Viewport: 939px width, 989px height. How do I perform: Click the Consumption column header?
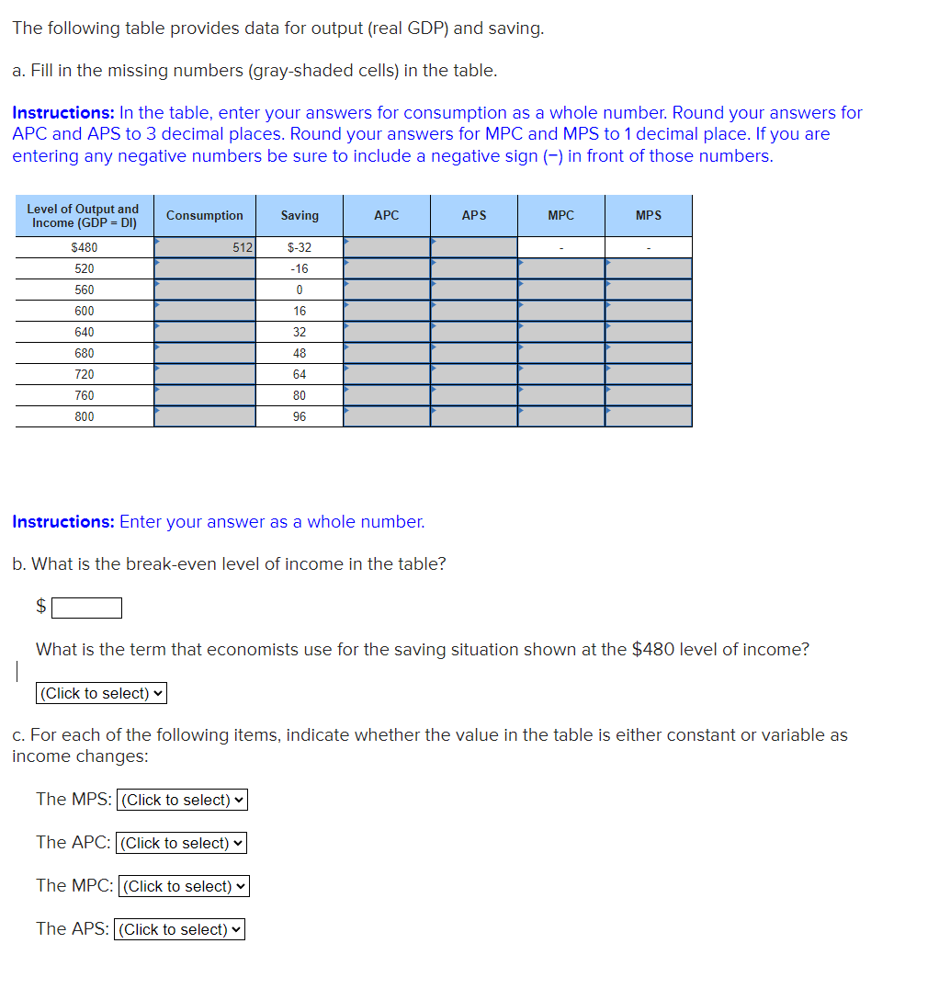click(x=204, y=216)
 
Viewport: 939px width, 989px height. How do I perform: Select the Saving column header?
click(x=300, y=216)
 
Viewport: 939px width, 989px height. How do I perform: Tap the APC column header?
click(x=387, y=216)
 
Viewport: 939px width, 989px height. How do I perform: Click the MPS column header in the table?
click(x=648, y=216)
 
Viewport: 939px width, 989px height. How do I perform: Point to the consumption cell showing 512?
click(x=205, y=247)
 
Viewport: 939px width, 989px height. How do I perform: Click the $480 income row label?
click(x=84, y=247)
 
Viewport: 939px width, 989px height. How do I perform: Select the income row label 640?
click(x=84, y=332)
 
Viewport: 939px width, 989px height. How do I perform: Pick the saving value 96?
click(x=300, y=416)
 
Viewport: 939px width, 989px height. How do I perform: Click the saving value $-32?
click(x=300, y=247)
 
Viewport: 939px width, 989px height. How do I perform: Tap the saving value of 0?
click(x=300, y=290)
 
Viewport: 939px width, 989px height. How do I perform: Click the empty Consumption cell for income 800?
click(x=205, y=416)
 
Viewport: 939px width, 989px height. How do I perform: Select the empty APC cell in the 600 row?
click(x=387, y=311)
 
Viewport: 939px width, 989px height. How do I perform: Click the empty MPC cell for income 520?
click(x=560, y=268)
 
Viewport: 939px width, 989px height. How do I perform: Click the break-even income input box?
click(x=86, y=608)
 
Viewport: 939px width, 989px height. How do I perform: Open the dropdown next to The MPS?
click(x=183, y=800)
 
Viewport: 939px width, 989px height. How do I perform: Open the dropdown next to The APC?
click(x=182, y=843)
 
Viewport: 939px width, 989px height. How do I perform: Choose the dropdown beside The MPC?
click(x=184, y=886)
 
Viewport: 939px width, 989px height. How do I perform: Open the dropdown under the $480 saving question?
click(x=101, y=693)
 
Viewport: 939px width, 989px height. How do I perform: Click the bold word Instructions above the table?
click(x=62, y=113)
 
